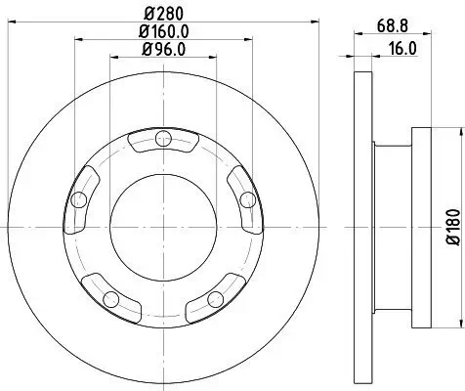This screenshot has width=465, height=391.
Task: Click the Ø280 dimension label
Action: [158, 14]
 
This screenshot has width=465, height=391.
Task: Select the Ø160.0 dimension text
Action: [158, 31]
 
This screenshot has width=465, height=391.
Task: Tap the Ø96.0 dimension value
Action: [158, 49]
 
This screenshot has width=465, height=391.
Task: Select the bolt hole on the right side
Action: [247, 199]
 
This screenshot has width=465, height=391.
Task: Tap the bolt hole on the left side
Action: [77, 200]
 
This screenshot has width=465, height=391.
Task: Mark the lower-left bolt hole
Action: [110, 298]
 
